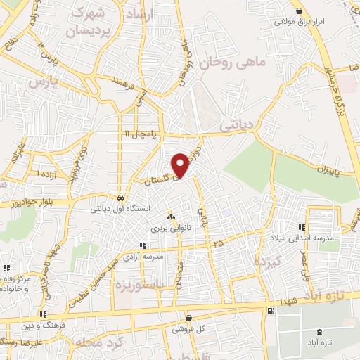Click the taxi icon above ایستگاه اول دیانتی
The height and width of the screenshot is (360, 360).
122,198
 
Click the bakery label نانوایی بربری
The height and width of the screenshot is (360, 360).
172,229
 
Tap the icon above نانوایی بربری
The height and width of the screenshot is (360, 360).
172,217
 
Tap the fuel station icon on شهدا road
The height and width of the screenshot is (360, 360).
271,311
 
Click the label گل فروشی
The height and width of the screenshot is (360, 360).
191,329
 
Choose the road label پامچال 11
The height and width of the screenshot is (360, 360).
142,134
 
